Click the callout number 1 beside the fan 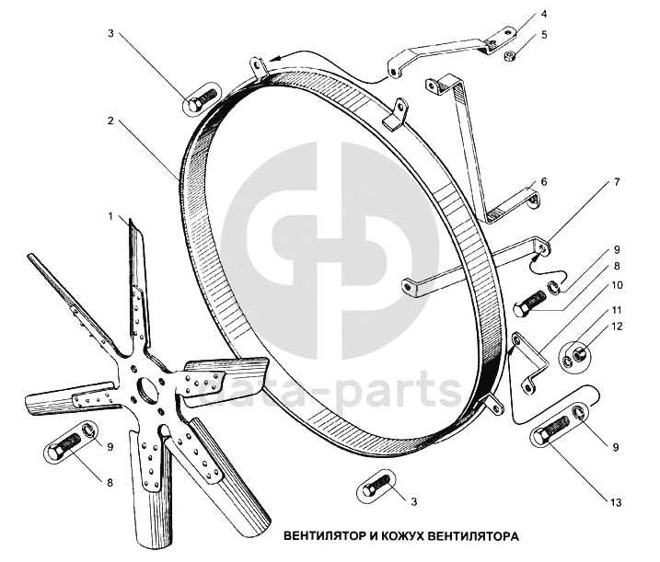tap(111, 217)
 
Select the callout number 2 tap(110, 120)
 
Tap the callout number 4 tap(544, 16)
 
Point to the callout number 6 tap(544, 181)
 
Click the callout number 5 tap(544, 35)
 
